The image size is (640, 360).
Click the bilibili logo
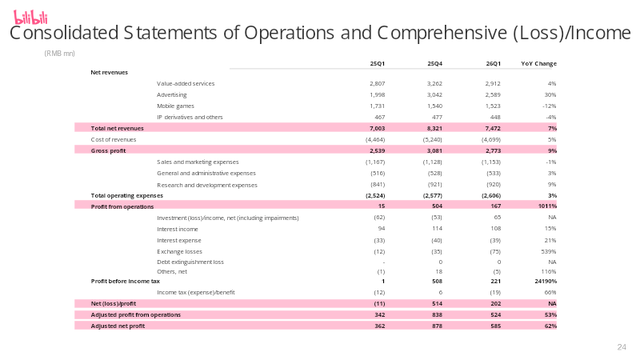pos(30,18)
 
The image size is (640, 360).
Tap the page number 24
pos(622,347)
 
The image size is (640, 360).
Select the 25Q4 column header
pos(434,64)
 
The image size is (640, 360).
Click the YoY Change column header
pos(538,64)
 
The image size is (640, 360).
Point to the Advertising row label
pos(172,94)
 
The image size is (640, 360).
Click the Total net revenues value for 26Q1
pos(493,128)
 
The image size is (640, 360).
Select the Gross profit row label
pos(108,150)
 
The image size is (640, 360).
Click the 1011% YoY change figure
pos(547,206)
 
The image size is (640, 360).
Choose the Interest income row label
pos(178,230)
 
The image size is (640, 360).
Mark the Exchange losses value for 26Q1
pos(495,252)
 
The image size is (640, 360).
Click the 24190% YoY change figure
pos(546,282)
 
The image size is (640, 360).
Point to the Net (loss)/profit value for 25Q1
pos(379,304)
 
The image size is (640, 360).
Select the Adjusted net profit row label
pos(118,326)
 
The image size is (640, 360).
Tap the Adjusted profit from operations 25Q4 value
pos(437,314)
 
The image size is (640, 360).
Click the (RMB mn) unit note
pos(59,54)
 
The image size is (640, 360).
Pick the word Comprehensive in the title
pos(442,33)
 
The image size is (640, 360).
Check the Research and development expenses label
pos(207,185)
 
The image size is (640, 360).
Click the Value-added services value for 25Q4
pos(434,84)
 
